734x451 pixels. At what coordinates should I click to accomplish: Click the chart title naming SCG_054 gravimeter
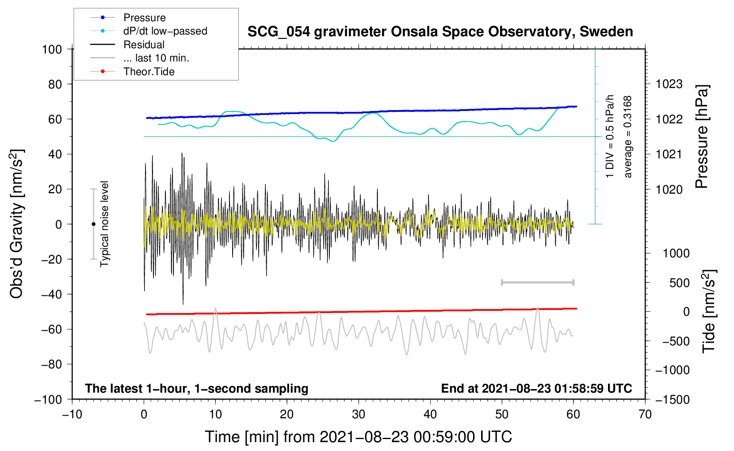coord(440,32)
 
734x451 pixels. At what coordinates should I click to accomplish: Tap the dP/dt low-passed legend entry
coord(165,31)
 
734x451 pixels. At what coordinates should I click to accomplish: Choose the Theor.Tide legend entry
coord(149,72)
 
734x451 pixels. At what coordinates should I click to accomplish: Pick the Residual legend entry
coord(144,45)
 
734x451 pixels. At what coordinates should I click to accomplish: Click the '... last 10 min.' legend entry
coord(156,58)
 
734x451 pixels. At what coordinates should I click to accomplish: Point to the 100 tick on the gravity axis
coord(52,49)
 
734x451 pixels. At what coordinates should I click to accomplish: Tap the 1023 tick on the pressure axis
coord(669,84)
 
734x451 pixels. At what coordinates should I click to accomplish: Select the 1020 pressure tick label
coord(669,189)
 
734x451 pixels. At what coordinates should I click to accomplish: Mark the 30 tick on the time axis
coord(359,414)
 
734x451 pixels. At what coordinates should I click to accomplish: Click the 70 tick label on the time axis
coord(645,414)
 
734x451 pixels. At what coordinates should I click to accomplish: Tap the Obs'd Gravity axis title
coord(16,224)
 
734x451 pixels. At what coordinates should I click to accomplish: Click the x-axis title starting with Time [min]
coord(358,437)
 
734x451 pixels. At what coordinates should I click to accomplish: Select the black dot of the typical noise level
coord(93,224)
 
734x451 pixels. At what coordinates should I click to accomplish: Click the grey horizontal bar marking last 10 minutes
coord(537,282)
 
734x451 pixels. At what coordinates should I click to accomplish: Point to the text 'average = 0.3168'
coord(628,137)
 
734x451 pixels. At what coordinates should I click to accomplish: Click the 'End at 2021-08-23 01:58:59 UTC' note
coord(536,388)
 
